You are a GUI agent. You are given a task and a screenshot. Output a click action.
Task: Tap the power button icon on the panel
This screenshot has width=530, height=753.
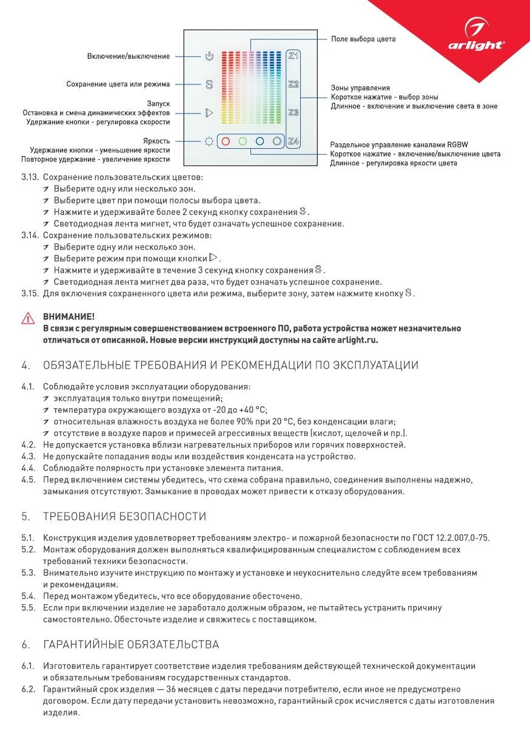[209, 56]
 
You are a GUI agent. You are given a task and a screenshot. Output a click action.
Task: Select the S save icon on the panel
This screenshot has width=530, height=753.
[209, 84]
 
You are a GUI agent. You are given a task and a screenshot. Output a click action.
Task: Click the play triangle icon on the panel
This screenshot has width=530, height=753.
[209, 113]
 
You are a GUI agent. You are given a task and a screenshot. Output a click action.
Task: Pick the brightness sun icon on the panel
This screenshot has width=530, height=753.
[209, 141]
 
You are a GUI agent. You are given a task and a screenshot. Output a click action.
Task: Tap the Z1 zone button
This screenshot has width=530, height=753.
[294, 56]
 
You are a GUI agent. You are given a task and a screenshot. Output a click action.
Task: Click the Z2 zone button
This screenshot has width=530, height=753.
[294, 84]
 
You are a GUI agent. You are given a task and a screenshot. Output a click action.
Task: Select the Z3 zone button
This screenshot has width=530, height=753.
[294, 113]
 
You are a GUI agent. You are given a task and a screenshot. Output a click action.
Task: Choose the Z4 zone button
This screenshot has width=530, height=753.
[294, 141]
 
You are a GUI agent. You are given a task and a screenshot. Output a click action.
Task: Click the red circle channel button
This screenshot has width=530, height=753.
[225, 141]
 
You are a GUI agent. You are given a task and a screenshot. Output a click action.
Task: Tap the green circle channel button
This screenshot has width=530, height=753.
[243, 141]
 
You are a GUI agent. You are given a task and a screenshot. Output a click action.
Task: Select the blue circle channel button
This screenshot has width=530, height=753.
[260, 141]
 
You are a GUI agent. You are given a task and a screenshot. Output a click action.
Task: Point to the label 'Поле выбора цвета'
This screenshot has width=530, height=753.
[363, 39]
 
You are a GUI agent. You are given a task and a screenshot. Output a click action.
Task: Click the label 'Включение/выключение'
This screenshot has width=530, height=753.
[129, 56]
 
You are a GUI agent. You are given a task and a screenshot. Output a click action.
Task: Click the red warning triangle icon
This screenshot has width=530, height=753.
[28, 318]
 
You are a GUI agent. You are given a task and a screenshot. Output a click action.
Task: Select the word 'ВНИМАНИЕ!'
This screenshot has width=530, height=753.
[69, 317]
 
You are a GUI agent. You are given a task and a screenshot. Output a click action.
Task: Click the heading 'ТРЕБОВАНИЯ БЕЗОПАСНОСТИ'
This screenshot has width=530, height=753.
[124, 517]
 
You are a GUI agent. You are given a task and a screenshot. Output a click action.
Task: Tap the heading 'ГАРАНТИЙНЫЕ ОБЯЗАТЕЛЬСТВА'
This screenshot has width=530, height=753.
[131, 644]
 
